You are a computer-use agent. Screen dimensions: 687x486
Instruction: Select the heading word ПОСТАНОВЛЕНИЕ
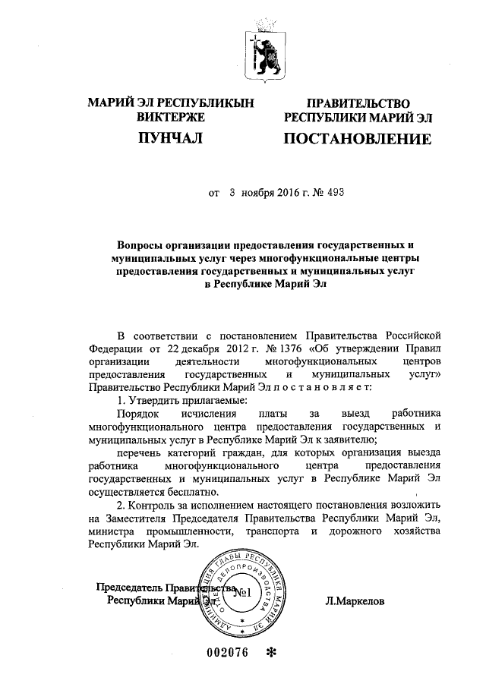[358, 140]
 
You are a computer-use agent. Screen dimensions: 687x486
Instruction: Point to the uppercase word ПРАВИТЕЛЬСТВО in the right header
[358, 103]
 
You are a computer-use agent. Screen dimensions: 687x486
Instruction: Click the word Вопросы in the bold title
[142, 246]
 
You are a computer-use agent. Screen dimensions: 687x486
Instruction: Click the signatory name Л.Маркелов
[354, 600]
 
